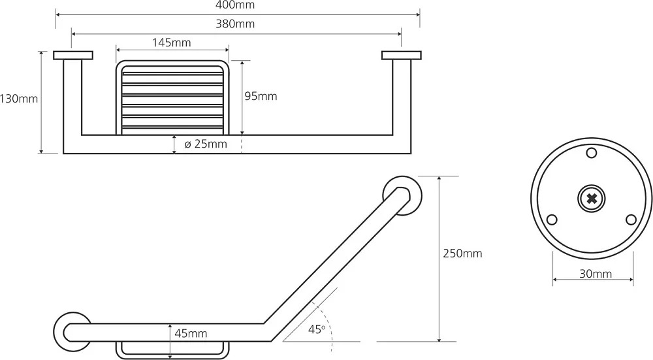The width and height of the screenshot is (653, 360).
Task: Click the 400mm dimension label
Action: (x=235, y=5)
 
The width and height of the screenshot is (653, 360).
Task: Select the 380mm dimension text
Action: (x=235, y=24)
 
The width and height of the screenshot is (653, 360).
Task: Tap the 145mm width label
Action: (x=172, y=42)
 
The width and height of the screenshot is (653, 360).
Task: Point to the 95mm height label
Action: (x=261, y=96)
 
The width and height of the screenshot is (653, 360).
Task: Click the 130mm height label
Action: (x=19, y=99)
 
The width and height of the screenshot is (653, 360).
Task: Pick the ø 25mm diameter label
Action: (x=206, y=144)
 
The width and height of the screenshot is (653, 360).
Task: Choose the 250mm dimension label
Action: (x=463, y=254)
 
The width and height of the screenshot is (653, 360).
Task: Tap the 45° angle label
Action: (x=317, y=329)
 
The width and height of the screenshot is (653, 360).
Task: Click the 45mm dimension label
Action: (x=191, y=333)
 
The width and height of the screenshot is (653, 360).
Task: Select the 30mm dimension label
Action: (x=596, y=274)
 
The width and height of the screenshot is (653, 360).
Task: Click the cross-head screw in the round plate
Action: (x=592, y=199)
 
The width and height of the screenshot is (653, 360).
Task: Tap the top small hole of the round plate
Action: (x=592, y=153)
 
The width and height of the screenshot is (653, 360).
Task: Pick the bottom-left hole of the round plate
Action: (x=551, y=219)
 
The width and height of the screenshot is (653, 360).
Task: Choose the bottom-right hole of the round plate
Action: (x=631, y=219)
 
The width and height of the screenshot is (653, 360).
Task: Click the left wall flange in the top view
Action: (x=73, y=56)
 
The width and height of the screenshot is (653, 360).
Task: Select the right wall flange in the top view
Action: (x=402, y=56)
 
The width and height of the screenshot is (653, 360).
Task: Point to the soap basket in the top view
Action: (x=172, y=98)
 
